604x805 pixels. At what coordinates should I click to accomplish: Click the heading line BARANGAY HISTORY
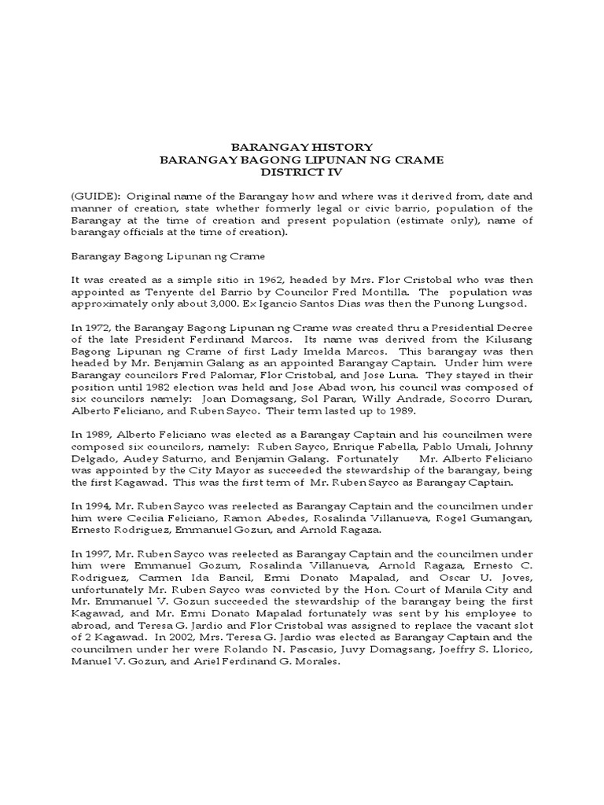click(x=301, y=147)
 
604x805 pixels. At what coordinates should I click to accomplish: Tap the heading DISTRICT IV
click(x=301, y=172)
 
